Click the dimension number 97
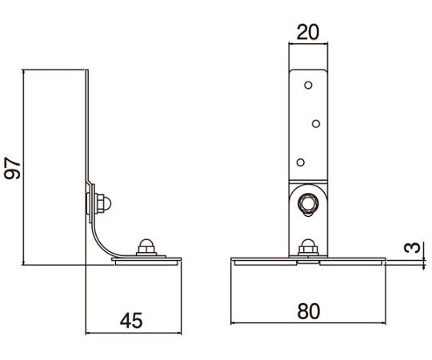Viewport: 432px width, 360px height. tap(13, 168)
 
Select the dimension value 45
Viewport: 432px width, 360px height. tap(131, 320)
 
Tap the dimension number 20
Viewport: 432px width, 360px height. tap(308, 32)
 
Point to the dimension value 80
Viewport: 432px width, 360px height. tap(309, 311)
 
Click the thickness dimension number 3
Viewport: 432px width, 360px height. tap(413, 248)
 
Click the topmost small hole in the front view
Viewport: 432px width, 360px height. tap(308, 85)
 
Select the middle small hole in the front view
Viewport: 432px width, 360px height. tap(316, 124)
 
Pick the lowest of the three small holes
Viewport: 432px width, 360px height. tap(301, 162)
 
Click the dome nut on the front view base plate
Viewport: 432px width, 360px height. tap(308, 247)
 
